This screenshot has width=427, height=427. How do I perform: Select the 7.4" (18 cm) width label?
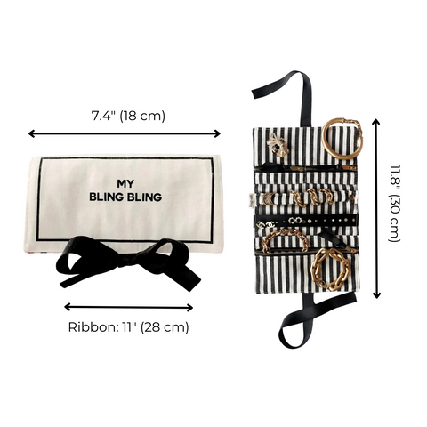[x=128, y=116]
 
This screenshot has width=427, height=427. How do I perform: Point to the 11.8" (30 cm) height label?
[x=396, y=206]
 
